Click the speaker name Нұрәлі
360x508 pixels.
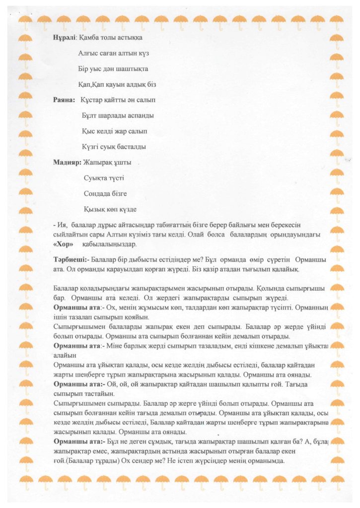[65, 37]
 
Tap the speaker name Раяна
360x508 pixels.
[64, 100]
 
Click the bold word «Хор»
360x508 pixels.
[63, 245]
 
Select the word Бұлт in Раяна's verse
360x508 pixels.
[89, 116]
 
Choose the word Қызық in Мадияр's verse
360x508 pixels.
[94, 209]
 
